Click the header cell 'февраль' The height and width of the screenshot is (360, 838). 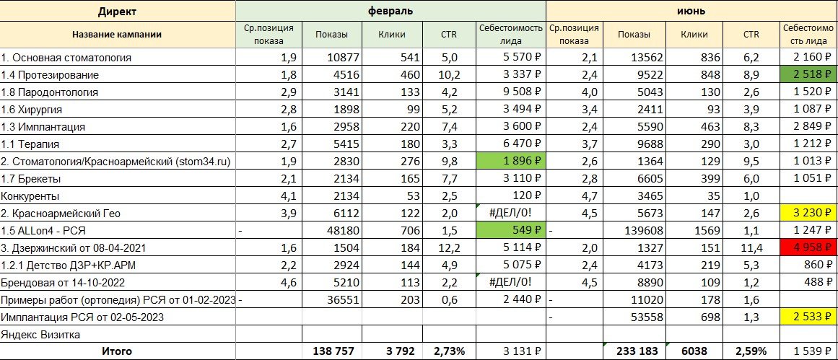(390, 11)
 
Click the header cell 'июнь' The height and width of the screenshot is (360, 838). (691, 11)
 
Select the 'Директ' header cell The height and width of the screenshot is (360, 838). (118, 11)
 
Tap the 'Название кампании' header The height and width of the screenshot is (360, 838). (118, 34)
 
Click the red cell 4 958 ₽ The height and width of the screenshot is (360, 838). (809, 247)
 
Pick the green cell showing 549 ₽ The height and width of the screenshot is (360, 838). (510, 230)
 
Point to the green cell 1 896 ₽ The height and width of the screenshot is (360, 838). (510, 161)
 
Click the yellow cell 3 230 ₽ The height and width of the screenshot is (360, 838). (809, 213)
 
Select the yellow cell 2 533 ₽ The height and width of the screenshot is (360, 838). (809, 317)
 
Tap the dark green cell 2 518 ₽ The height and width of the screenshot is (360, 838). (809, 74)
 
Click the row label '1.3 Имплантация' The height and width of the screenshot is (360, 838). (43, 126)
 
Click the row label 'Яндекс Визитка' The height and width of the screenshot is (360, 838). (40, 334)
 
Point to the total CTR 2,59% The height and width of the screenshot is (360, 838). (751, 351)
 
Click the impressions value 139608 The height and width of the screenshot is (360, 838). (632, 230)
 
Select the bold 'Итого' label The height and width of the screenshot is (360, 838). (118, 351)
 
